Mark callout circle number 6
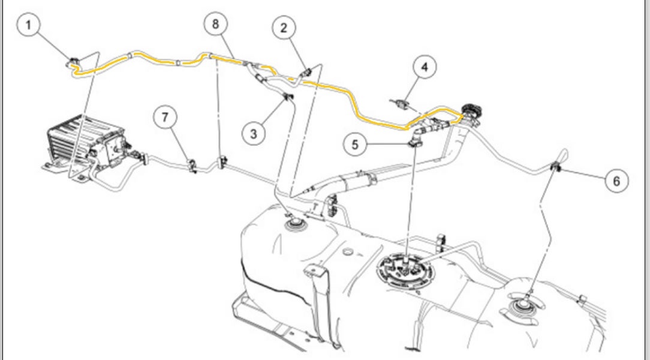click(618, 179)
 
